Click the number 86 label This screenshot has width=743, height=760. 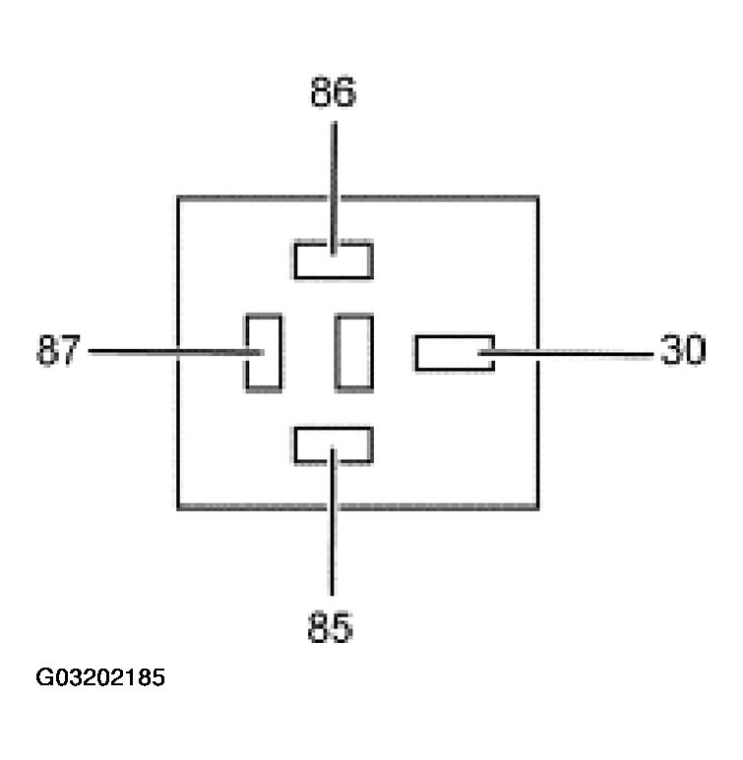[x=333, y=93]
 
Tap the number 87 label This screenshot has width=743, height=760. [x=56, y=350]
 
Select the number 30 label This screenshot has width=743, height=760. [x=683, y=350]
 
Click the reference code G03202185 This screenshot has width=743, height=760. [x=100, y=678]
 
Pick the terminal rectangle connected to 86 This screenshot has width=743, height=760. [x=333, y=260]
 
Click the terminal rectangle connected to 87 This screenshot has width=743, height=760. [x=263, y=352]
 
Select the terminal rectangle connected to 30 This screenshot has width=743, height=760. [x=454, y=353]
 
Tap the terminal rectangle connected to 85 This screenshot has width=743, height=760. [x=333, y=445]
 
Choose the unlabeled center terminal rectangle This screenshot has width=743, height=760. [x=353, y=352]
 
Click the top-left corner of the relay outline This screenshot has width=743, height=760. [x=178, y=198]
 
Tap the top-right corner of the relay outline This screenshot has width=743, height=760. [x=537, y=198]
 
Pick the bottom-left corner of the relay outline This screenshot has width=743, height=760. [x=178, y=507]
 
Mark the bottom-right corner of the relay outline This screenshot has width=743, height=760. [x=537, y=507]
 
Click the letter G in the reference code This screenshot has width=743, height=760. [x=44, y=678]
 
